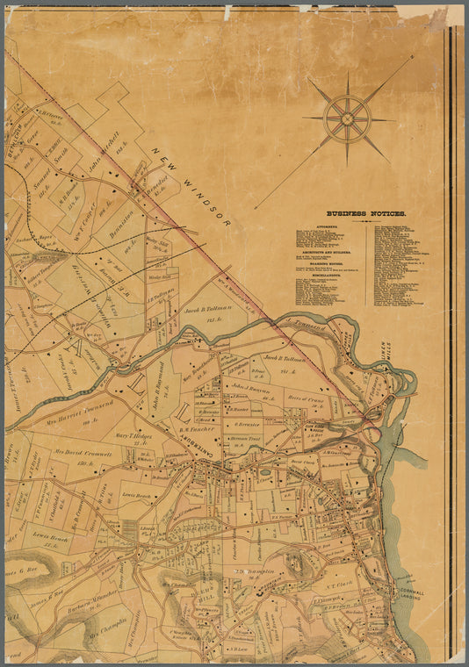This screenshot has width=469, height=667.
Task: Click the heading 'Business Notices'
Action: (x=366, y=213)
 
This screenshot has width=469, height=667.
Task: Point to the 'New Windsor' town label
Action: (x=191, y=188)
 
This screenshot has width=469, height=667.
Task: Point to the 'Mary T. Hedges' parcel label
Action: (x=133, y=435)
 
